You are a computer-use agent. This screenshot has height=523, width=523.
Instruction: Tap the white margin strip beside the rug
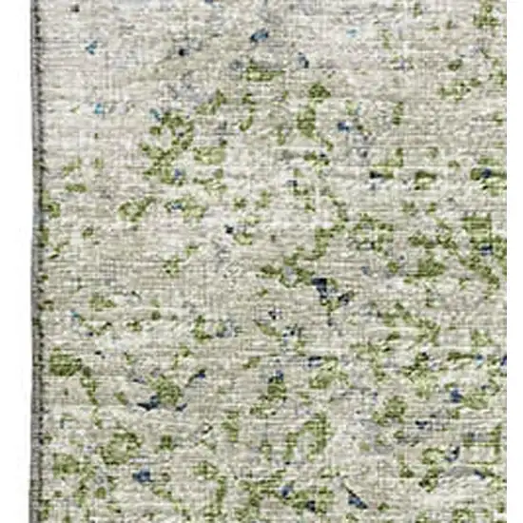pos(14,261)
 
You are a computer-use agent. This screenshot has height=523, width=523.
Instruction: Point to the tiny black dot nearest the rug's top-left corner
pos(182,51)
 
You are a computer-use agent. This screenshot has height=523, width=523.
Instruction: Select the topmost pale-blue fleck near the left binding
pos(91,45)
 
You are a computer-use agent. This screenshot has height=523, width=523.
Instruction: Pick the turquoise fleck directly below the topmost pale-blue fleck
pos(99,109)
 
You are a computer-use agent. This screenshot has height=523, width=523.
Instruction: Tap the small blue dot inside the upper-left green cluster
pos(178,174)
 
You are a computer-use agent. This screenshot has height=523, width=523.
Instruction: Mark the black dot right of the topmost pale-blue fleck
pos(182,51)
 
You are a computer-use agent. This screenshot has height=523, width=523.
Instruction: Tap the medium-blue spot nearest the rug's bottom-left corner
pos(141,476)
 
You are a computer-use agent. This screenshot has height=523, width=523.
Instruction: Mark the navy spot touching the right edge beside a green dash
pos(488,174)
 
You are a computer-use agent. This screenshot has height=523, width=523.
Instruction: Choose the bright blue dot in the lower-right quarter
pos(456,395)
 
